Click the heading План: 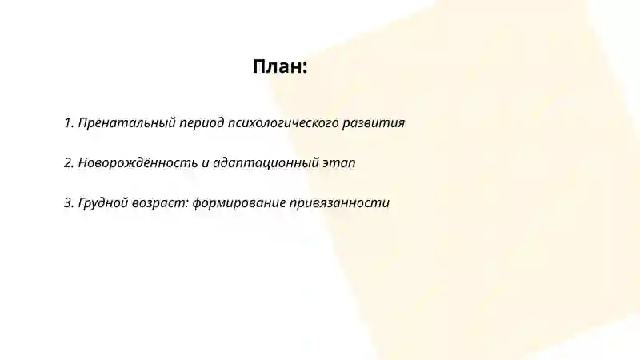click(280, 66)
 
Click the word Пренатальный click(126, 123)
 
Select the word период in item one click(202, 123)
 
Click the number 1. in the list click(69, 123)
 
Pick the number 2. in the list click(69, 163)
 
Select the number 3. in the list click(69, 203)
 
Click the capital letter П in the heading click(260, 66)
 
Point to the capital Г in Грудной click(82, 203)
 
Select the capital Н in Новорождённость click(83, 163)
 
